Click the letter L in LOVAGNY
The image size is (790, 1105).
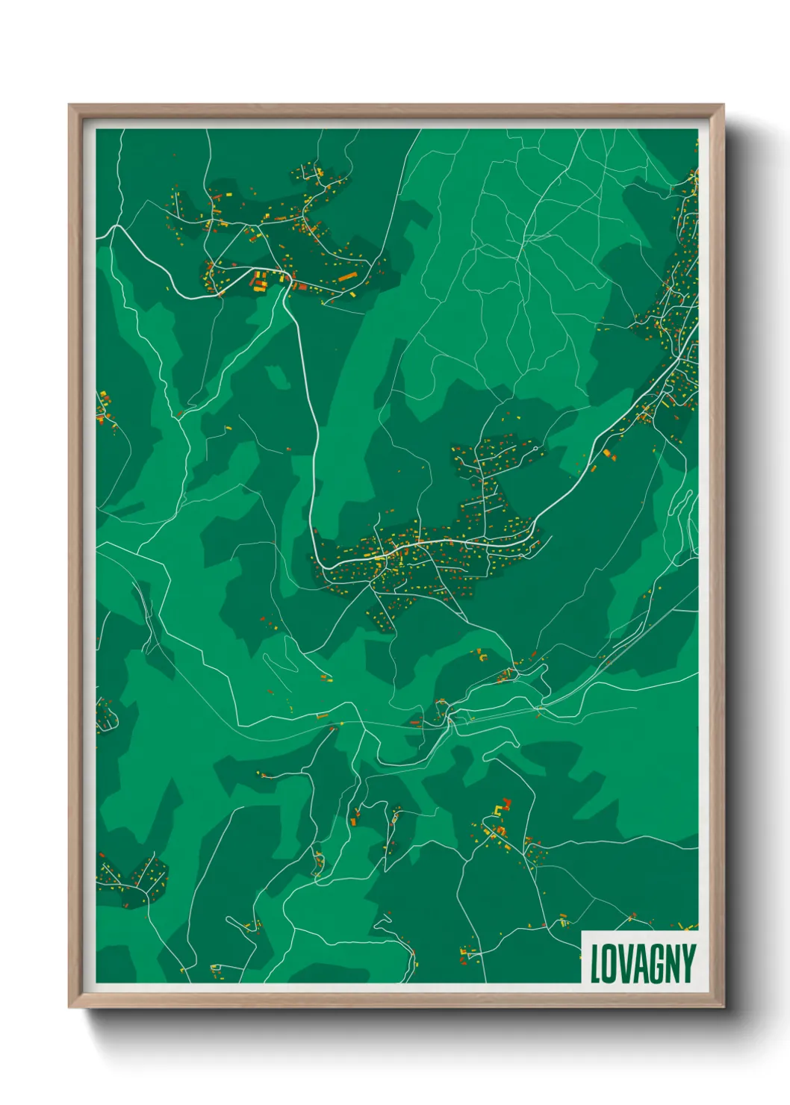pos(597,964)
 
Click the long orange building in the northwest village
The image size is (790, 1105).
pos(347,278)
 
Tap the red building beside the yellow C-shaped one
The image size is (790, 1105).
pos(508,803)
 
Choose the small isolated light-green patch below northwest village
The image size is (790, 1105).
pos(277,378)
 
